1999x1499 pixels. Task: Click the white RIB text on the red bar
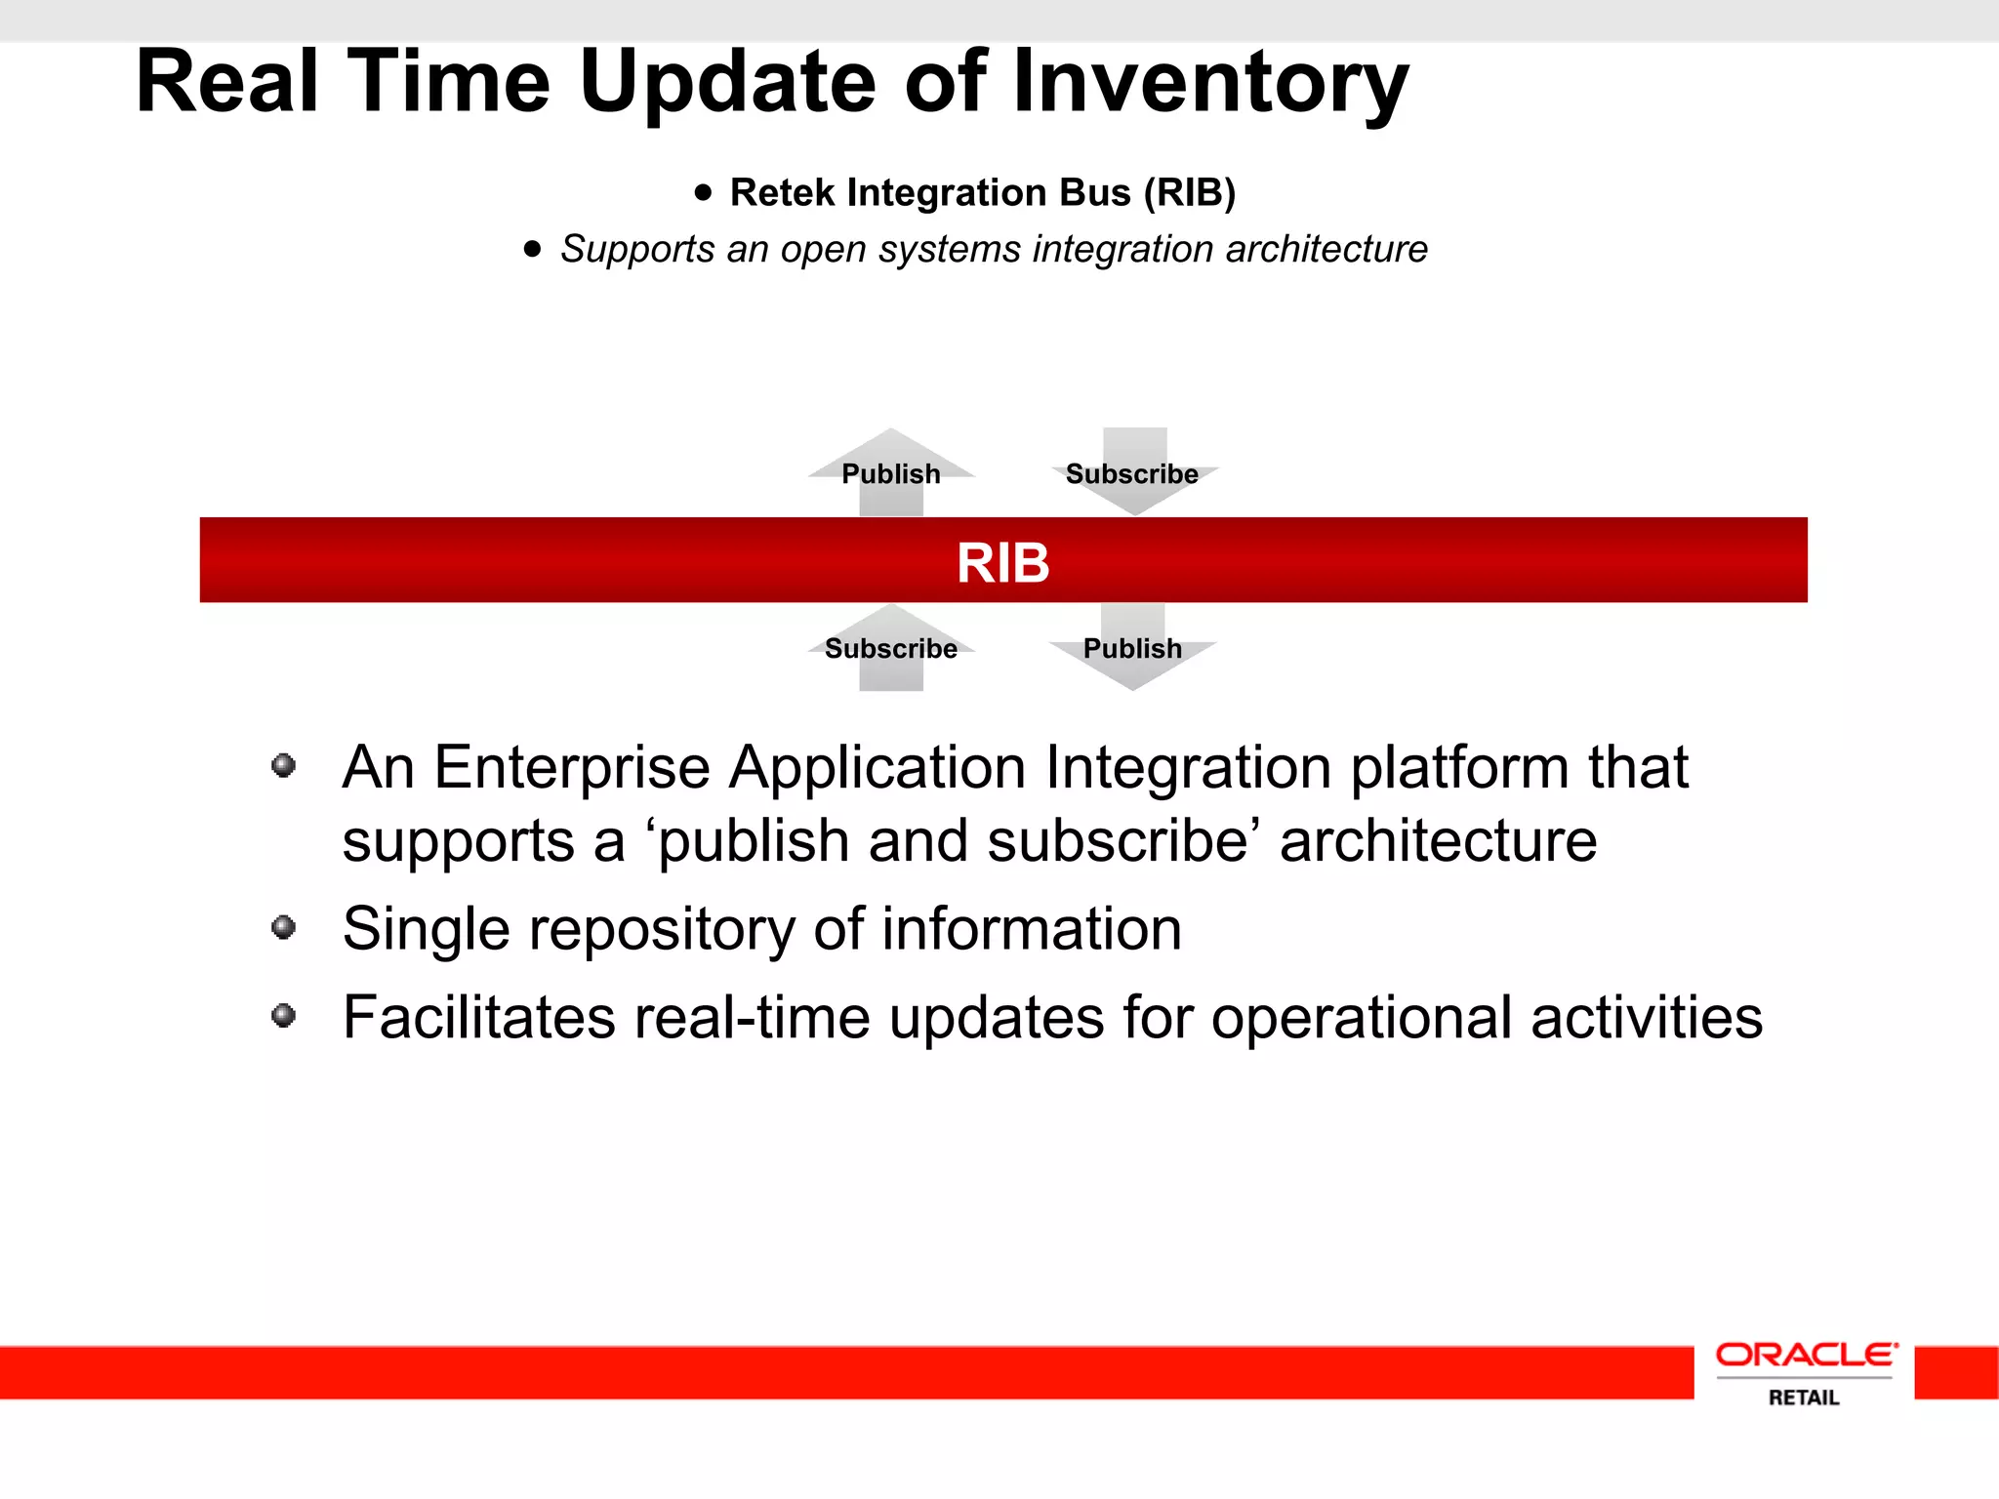pos(1002,563)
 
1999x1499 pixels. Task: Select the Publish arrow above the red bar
pos(891,473)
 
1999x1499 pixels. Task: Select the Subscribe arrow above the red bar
pos(1132,473)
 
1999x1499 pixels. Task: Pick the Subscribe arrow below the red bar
pos(891,648)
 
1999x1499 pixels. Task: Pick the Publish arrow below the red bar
pos(1132,648)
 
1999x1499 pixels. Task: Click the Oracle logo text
pos(1806,1355)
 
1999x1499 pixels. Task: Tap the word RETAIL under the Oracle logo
pos(1804,1398)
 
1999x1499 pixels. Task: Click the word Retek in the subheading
pos(783,193)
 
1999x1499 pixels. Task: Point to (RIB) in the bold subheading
pos(1189,193)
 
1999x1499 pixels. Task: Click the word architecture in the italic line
pos(1326,250)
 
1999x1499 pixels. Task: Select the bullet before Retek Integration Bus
pos(704,192)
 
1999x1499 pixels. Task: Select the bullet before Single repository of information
pos(284,926)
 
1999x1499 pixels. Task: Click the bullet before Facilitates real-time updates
pos(284,1016)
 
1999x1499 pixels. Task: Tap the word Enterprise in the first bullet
pos(572,768)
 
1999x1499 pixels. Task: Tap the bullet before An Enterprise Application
pos(284,765)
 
